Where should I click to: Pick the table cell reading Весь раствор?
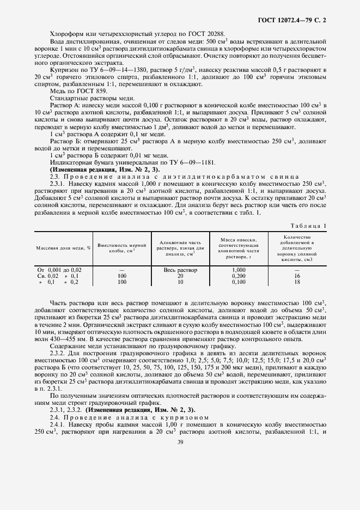(x=180, y=270)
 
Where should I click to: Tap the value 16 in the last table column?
(x=297, y=276)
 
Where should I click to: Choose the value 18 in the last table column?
(x=297, y=282)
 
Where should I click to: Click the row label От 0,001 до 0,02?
(x=59, y=270)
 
